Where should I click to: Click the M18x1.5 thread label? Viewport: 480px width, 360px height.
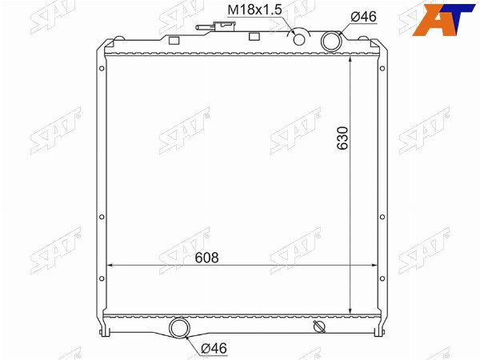pos(254,10)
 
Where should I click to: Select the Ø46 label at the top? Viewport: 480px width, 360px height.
pos(364,16)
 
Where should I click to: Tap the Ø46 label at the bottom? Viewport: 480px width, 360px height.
pos(214,348)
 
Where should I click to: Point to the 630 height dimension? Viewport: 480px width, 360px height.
pos(342,138)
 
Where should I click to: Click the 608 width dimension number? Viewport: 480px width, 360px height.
pos(207,258)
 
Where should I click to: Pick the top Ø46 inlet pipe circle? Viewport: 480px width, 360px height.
pos(331,41)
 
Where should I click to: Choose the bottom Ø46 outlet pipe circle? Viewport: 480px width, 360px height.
pos(180,328)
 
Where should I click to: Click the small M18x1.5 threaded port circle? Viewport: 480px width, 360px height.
pos(299,39)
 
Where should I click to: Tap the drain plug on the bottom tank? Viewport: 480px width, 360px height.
pos(319,326)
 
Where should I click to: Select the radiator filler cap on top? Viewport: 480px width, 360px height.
pos(225,26)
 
